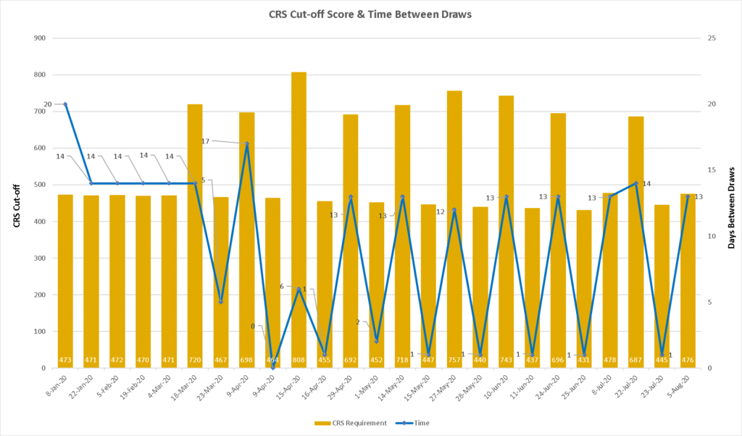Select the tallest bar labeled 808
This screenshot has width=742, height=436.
tap(299, 217)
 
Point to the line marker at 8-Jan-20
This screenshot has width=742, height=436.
tap(65, 104)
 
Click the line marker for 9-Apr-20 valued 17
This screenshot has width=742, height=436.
tap(247, 144)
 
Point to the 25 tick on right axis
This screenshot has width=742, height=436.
tap(711, 38)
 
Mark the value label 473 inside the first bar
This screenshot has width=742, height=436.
tap(65, 360)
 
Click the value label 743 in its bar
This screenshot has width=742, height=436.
tap(507, 360)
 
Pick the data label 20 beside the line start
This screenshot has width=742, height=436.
tap(48, 104)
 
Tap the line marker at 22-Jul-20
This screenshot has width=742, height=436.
tap(636, 183)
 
